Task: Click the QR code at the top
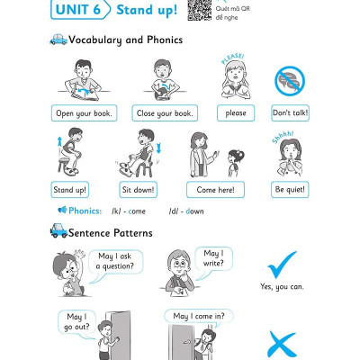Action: [200, 10]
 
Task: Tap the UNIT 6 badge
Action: [80, 10]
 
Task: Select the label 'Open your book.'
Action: [84, 113]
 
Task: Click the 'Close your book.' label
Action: [165, 113]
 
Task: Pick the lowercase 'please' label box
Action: [236, 113]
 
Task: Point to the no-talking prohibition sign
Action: [290, 81]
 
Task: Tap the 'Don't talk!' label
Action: [290, 113]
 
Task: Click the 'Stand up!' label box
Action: [69, 190]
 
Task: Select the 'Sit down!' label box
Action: [138, 190]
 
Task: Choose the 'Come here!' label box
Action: [215, 190]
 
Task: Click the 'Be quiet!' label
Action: [290, 190]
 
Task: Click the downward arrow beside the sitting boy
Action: [158, 148]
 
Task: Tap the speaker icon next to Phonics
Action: [62, 210]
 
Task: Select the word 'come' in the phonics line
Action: [137, 211]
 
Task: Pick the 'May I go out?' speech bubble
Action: [76, 322]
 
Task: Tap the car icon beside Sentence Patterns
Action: [58, 230]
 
